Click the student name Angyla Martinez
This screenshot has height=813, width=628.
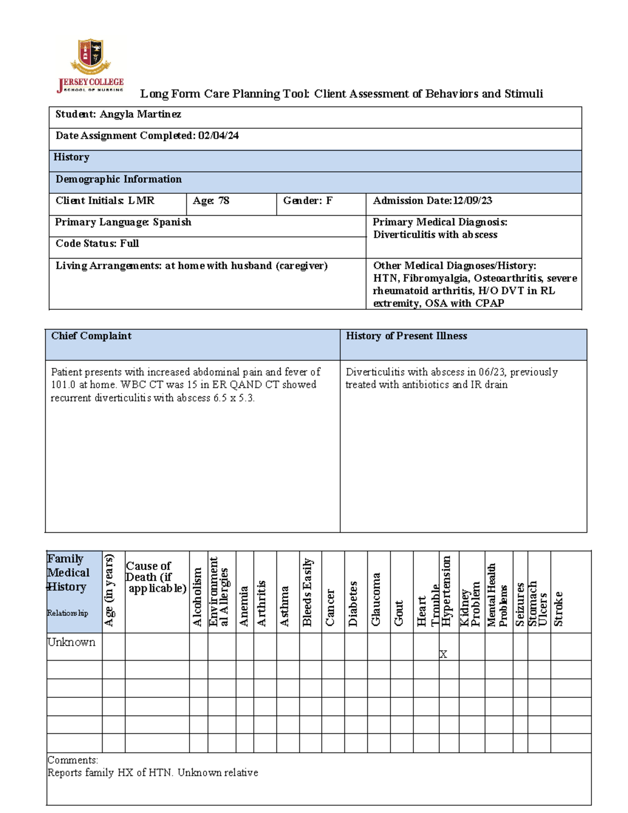tap(140, 115)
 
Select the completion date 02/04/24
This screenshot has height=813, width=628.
tap(218, 136)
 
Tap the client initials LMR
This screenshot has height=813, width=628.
tap(141, 201)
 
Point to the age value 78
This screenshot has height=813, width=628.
tap(223, 201)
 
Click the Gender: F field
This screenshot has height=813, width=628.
tap(307, 201)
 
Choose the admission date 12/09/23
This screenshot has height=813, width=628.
tap(473, 201)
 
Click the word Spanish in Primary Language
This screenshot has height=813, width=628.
tap(172, 222)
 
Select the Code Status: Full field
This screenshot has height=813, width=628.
tap(97, 244)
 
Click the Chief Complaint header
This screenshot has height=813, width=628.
tap(91, 336)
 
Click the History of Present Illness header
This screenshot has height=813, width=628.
tap(406, 336)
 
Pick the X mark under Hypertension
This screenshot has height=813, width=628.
tap(443, 654)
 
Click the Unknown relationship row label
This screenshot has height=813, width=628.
tap(71, 642)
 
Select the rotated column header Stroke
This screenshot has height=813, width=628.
tap(558, 608)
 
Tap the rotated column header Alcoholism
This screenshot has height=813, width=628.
tap(197, 597)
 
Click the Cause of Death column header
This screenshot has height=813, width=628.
tap(155, 577)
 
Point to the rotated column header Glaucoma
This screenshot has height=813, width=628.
tap(376, 599)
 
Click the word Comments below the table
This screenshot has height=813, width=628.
tap(72, 760)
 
